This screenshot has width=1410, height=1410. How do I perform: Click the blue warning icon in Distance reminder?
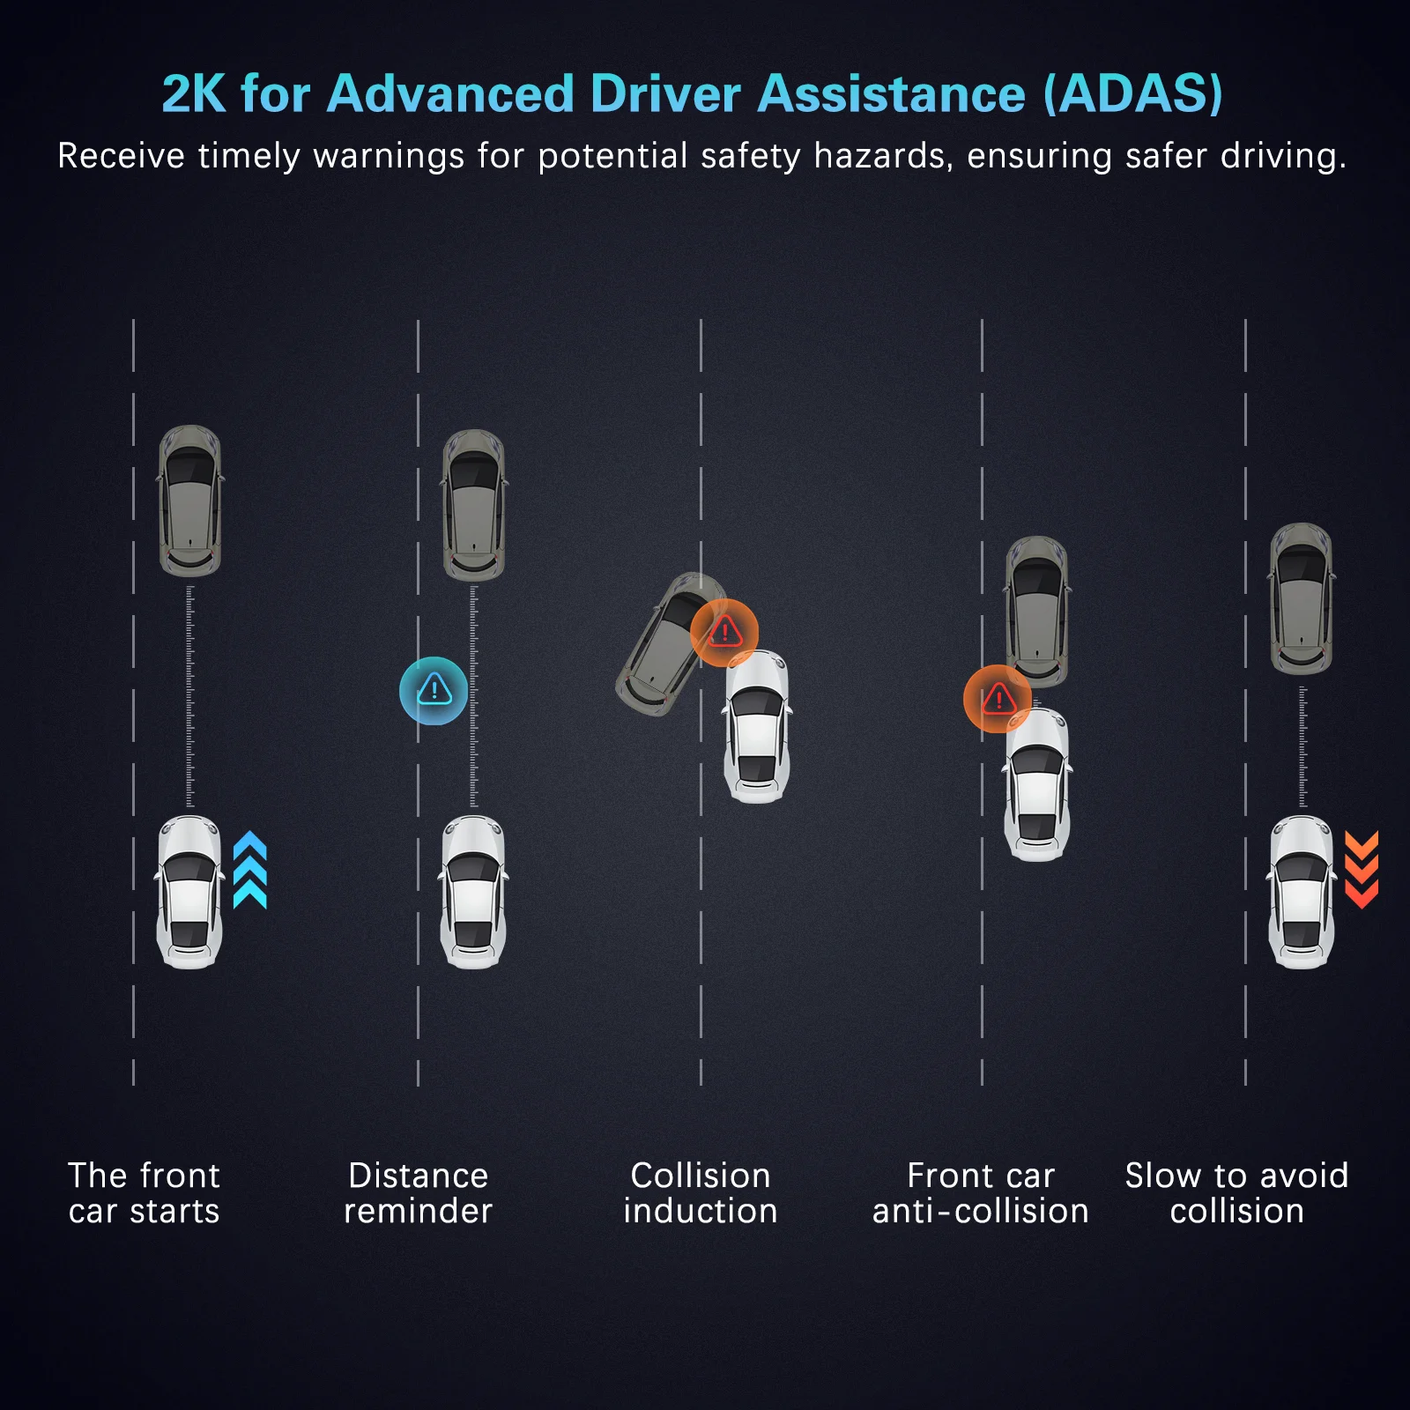coord(434,691)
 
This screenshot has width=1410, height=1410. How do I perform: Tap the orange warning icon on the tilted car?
coord(724,632)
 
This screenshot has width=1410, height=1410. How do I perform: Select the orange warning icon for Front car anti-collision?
coord(998,699)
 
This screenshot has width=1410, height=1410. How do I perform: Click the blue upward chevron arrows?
coord(250,870)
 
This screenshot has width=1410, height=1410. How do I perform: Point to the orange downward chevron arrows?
coord(1361,870)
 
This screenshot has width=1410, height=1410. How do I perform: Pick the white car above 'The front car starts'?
coord(189,892)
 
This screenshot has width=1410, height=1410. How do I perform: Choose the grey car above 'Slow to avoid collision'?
coord(1301,599)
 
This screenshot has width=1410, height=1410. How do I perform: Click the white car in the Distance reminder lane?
coord(473,892)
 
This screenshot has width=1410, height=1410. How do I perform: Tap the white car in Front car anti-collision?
coord(1037,784)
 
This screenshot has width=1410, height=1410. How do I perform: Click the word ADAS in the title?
coord(1133,93)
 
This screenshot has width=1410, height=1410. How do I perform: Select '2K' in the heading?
coord(194,93)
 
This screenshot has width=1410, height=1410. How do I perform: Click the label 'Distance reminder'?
coord(418,1193)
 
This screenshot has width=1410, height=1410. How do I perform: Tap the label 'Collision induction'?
coord(701,1193)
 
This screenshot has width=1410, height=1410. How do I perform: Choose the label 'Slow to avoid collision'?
coord(1236,1193)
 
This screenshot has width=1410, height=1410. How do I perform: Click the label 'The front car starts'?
coord(144,1193)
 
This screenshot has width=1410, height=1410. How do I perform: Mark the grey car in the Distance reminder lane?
coord(474,505)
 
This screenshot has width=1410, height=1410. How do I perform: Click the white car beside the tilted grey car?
coord(757,727)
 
